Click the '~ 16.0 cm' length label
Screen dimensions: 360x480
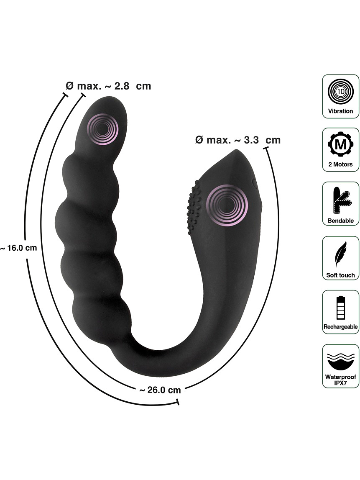point(19,248)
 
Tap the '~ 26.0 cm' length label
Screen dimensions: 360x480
point(160,390)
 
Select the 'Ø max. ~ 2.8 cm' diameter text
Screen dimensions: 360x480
point(109,86)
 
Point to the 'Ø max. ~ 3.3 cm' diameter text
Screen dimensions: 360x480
point(237,140)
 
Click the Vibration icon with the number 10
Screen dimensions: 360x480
point(340,91)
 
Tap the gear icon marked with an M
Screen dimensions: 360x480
point(340,144)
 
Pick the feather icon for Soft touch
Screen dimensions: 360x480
point(340,254)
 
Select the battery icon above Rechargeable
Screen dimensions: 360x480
point(340,308)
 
